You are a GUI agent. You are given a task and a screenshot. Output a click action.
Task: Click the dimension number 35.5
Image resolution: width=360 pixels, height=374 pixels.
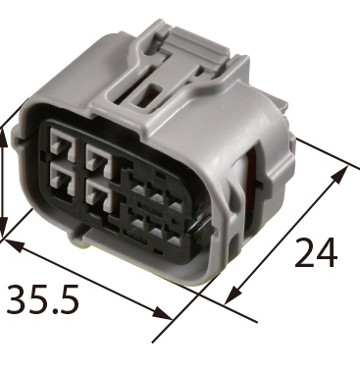(42, 298)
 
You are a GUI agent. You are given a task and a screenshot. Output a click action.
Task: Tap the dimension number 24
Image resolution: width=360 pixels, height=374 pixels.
(316, 252)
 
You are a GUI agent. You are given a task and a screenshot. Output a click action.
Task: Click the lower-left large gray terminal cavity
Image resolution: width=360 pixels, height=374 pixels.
(63, 180)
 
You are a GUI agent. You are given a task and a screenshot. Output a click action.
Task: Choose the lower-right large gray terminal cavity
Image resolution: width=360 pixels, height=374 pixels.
(99, 195)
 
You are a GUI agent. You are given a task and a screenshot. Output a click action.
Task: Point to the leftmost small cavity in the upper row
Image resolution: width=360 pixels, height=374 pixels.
(138, 187)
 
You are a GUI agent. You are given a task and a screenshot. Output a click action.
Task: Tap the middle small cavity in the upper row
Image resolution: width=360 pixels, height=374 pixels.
(157, 195)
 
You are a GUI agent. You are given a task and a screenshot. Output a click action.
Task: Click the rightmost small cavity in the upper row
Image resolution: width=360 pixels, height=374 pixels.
(176, 204)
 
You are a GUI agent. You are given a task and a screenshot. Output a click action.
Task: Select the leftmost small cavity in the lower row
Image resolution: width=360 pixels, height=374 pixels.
(138, 223)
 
